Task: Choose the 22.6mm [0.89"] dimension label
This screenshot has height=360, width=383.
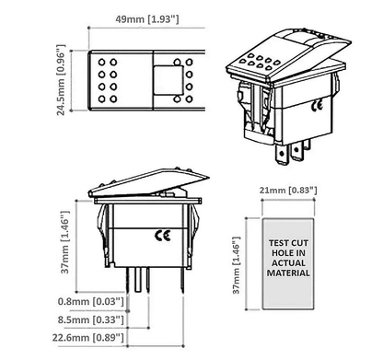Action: point(93,339)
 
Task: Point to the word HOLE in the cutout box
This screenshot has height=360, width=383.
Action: point(273,253)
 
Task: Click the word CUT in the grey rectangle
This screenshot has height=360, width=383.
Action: point(301,243)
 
